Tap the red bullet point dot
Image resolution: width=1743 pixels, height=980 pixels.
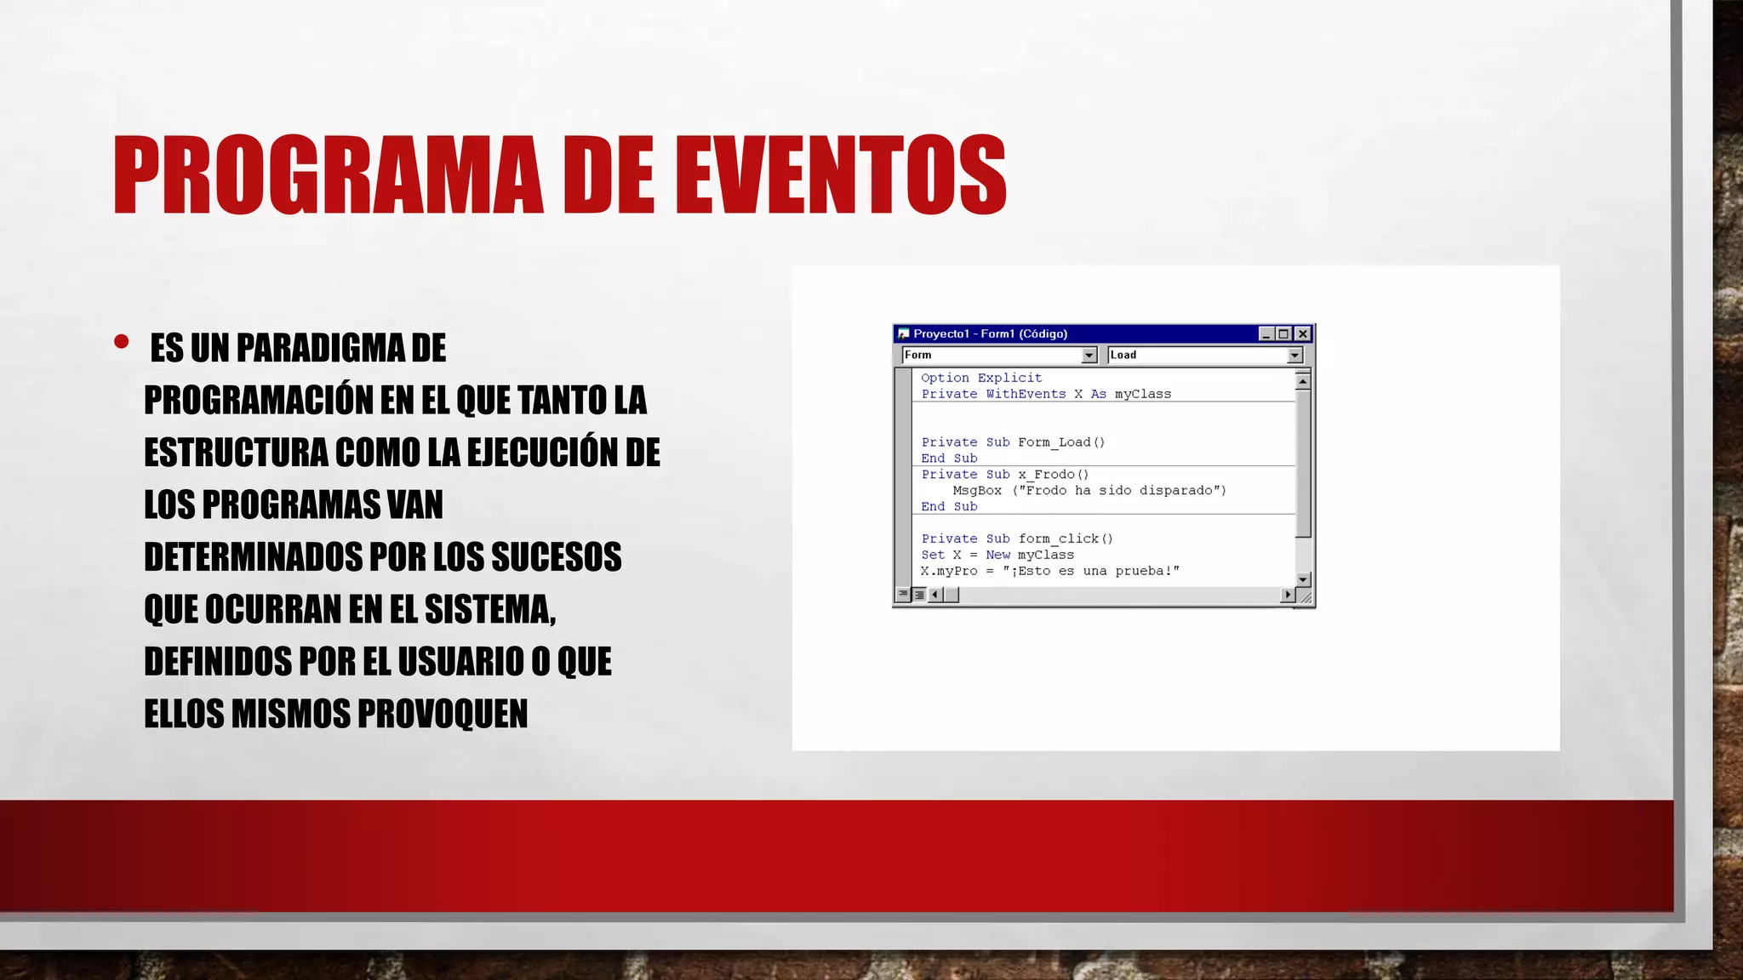click(121, 342)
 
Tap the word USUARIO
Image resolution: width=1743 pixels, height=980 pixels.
click(460, 662)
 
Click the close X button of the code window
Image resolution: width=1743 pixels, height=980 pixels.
click(1302, 333)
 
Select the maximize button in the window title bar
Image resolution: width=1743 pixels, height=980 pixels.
click(1284, 333)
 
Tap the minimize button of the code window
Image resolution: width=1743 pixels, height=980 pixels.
click(1266, 333)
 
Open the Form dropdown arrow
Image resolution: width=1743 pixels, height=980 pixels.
click(1089, 356)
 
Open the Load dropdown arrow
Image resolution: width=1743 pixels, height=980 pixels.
click(1294, 356)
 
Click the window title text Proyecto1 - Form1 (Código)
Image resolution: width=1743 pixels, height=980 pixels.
click(990, 333)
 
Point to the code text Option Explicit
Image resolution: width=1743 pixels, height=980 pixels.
click(981, 378)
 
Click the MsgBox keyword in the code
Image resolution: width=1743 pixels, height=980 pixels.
click(977, 491)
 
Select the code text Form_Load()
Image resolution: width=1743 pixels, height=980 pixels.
click(1061, 442)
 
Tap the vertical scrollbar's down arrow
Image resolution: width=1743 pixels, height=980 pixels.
click(1302, 579)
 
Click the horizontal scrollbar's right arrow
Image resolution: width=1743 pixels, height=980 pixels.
click(1287, 595)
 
